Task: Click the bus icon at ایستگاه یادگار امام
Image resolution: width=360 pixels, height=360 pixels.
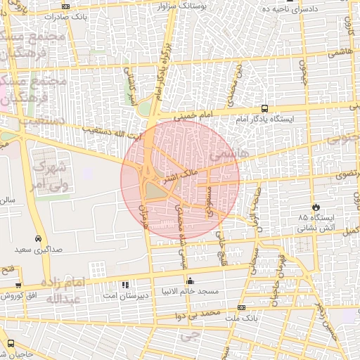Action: click(264, 108)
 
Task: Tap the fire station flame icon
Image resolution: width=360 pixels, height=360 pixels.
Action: click(316, 207)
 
